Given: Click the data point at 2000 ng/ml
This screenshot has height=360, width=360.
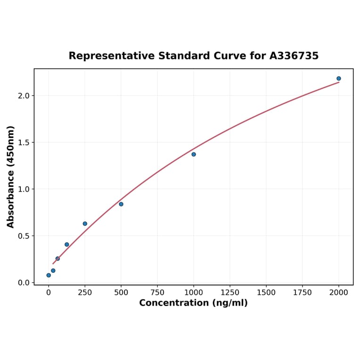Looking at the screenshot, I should pyautogui.click(x=339, y=79).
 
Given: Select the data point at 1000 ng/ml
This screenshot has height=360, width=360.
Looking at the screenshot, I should pyautogui.click(x=194, y=155).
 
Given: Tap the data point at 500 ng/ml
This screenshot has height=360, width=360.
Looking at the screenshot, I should pyautogui.click(x=121, y=204).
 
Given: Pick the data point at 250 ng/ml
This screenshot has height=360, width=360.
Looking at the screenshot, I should pyautogui.click(x=85, y=224).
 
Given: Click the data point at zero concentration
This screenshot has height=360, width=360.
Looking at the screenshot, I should pyautogui.click(x=49, y=275).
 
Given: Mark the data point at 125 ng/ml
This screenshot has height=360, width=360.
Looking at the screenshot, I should pyautogui.click(x=67, y=245).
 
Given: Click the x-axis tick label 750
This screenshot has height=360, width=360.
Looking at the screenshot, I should pyautogui.click(x=157, y=293).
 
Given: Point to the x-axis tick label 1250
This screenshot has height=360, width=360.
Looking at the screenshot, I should pyautogui.click(x=230, y=293).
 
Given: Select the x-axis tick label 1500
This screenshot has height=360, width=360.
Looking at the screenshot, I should pyautogui.click(x=266, y=293).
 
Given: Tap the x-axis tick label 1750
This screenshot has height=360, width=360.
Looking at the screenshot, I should pyautogui.click(x=303, y=293).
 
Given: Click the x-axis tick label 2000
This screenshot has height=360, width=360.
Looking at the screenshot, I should pyautogui.click(x=339, y=293).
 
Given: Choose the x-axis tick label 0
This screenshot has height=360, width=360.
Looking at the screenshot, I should pyautogui.click(x=49, y=293).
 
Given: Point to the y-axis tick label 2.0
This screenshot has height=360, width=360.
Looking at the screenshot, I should pyautogui.click(x=24, y=96).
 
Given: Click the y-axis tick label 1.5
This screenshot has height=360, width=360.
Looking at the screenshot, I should pyautogui.click(x=24, y=142).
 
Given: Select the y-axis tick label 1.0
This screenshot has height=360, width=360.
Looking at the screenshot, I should pyautogui.click(x=24, y=189).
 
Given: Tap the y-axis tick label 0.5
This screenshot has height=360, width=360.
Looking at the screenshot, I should pyautogui.click(x=24, y=236).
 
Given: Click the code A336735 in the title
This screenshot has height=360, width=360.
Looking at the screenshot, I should pyautogui.click(x=294, y=56).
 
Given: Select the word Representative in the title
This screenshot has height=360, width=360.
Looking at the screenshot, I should pyautogui.click(x=112, y=56).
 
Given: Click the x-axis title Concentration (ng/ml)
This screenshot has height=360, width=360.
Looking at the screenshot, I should pyautogui.click(x=193, y=303).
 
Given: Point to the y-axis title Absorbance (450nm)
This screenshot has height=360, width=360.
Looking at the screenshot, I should pyautogui.click(x=10, y=177).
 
